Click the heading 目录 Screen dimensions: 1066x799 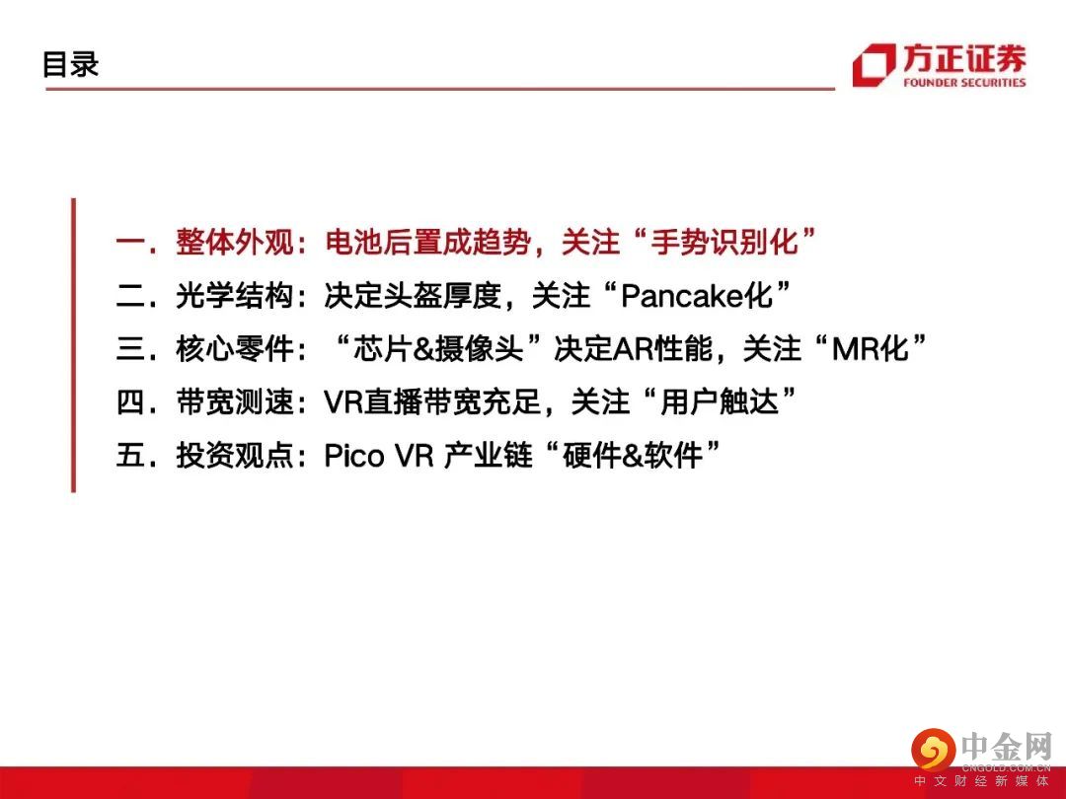click(71, 64)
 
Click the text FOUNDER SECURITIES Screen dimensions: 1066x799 click(964, 82)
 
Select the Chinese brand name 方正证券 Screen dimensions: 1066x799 click(964, 58)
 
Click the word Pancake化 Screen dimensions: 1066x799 click(696, 296)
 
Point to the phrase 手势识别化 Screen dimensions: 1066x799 click(724, 242)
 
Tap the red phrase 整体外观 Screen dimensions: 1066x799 click(235, 242)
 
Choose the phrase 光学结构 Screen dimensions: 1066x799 click(235, 296)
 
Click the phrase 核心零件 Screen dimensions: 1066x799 click(235, 348)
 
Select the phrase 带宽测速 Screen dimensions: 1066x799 click(235, 401)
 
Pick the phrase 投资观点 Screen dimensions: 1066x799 click(235, 455)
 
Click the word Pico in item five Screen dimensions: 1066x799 click(353, 455)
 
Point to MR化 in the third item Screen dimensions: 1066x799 click(871, 348)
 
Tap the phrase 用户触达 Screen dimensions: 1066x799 click(720, 401)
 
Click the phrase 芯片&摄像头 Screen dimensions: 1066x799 click(438, 348)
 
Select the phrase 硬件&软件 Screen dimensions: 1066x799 click(633, 455)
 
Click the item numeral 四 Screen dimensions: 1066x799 click(130, 401)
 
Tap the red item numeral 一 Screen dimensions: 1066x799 click(130, 243)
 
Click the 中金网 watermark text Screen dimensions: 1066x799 click(1007, 748)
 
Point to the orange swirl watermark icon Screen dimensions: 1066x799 click(934, 750)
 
